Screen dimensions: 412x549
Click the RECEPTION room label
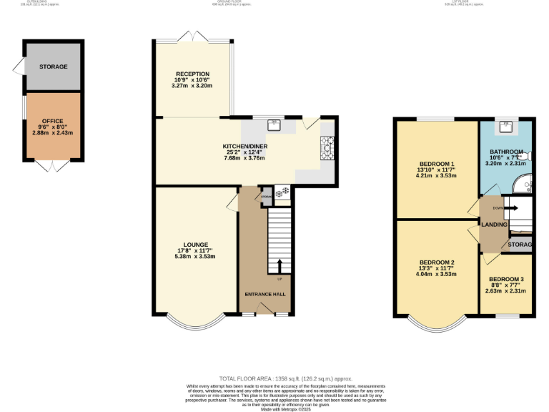(x=192, y=74)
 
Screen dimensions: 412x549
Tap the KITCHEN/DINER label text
(x=244, y=146)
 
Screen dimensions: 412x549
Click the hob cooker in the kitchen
(x=328, y=149)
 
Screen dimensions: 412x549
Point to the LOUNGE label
(x=195, y=245)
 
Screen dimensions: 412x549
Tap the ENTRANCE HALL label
(x=265, y=294)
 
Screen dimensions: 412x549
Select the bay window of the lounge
(x=195, y=322)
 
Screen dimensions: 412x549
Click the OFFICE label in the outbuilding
(x=52, y=121)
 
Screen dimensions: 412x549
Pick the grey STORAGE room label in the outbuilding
(x=54, y=67)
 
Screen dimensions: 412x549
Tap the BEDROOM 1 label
(x=436, y=164)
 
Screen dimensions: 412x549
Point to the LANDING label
(x=494, y=225)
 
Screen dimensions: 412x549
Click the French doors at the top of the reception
(x=192, y=36)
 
